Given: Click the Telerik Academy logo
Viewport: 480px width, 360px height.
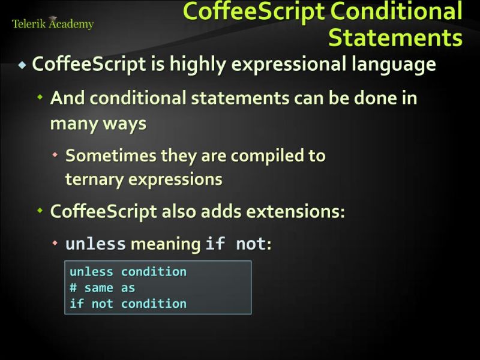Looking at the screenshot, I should coord(53,24).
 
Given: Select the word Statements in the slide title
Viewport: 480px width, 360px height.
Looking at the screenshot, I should coord(395,37).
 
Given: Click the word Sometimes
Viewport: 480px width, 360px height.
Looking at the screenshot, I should coord(111,156).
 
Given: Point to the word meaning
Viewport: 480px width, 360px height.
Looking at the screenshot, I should coord(166,244).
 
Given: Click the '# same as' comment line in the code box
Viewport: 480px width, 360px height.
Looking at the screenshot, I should coord(103,288).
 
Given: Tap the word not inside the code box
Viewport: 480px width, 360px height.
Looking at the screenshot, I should coord(103,304).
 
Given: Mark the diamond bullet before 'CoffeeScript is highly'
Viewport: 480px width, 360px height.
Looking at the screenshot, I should coord(23,65).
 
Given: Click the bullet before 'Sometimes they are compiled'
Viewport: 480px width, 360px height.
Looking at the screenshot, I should coord(55,155).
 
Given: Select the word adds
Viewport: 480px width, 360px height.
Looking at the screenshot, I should coord(225,212).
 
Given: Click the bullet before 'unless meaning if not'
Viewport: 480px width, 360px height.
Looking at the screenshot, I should coord(55,244).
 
